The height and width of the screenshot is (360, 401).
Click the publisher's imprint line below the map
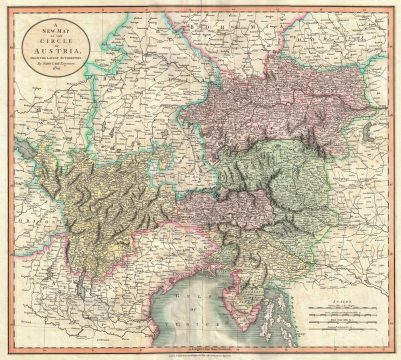click(200, 347)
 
